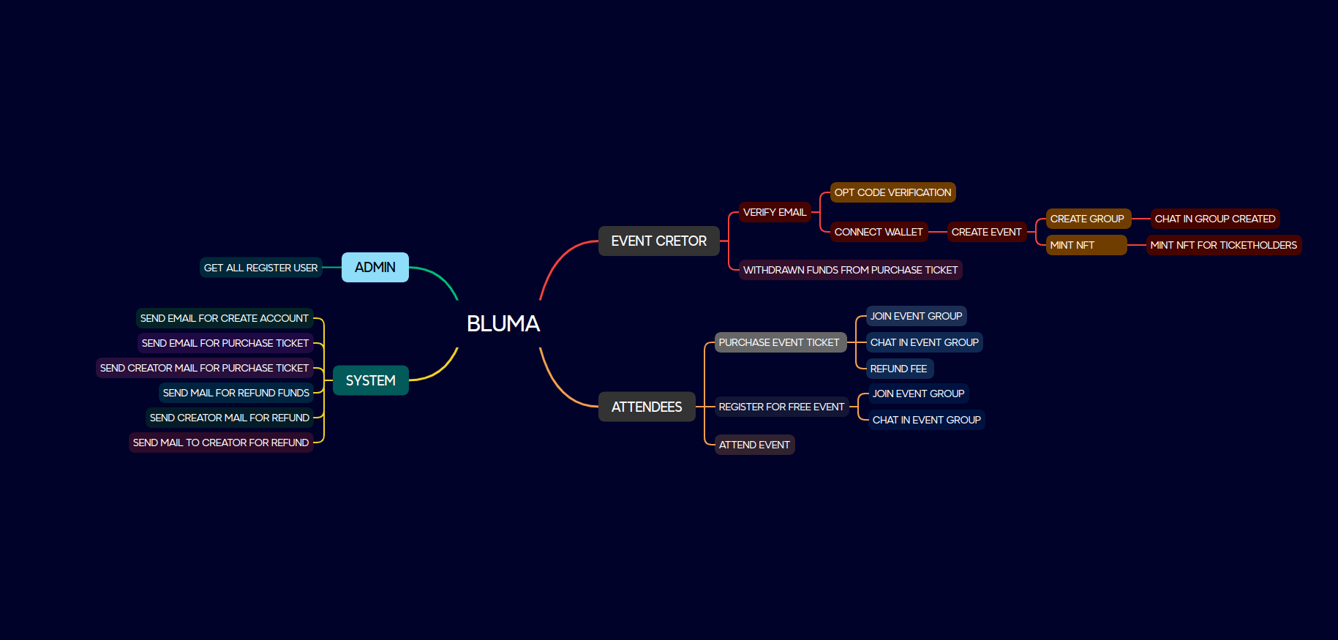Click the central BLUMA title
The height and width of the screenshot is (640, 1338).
point(503,323)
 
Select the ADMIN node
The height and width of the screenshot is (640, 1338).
point(375,267)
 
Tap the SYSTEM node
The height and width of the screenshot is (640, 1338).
point(370,380)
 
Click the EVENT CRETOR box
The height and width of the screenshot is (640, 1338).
point(658,241)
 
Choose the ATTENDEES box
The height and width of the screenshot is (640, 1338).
point(647,407)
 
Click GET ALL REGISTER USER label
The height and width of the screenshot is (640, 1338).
point(260,268)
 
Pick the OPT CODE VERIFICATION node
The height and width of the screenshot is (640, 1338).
point(892,192)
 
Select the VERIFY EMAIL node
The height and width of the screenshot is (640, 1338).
point(774,212)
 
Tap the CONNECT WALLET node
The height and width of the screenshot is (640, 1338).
point(879,232)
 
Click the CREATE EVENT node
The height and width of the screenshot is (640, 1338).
point(986,232)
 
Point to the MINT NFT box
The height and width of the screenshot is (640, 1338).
point(1086,245)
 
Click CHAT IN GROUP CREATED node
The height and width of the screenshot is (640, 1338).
point(1214,219)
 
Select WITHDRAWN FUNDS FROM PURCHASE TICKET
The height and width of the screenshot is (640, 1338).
point(850,270)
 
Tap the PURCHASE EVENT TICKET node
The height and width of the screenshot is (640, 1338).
point(779,342)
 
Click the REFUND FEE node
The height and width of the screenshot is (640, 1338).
point(898,369)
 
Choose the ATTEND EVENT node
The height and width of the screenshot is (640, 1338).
point(754,445)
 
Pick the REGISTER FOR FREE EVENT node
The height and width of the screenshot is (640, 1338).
point(781,407)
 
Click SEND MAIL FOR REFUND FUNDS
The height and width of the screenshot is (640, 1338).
point(236,393)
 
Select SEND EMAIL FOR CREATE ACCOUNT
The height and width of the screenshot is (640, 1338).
point(224,318)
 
